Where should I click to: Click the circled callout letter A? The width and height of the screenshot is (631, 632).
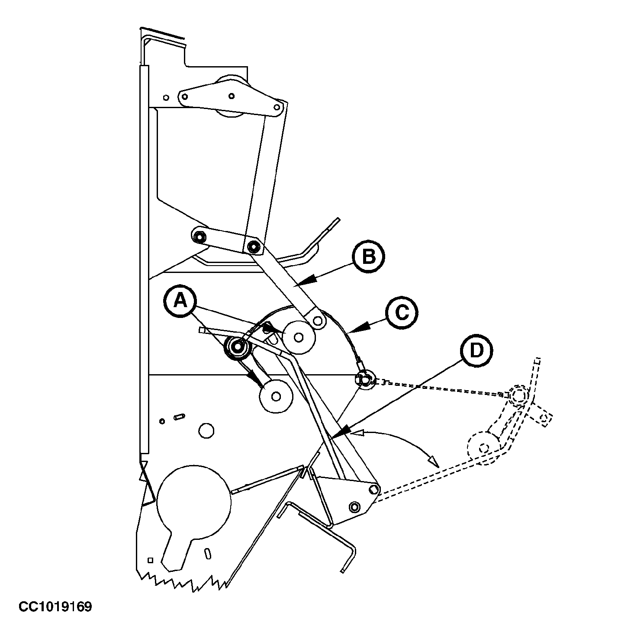coord(180,301)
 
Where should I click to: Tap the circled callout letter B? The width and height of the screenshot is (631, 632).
coord(368,257)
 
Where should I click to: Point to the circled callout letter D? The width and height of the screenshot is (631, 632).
coord(476,350)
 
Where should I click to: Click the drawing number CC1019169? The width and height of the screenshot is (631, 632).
coord(55,607)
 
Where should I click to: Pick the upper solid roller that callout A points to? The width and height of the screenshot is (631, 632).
coord(299,337)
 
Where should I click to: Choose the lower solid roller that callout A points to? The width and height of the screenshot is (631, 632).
coord(276,396)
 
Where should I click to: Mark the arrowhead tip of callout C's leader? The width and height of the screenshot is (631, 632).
coord(349,332)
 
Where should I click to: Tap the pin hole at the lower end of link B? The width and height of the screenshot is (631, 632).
coord(318,321)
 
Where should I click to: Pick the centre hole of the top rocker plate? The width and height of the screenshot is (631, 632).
coord(232,96)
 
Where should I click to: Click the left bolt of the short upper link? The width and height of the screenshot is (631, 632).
coord(199,236)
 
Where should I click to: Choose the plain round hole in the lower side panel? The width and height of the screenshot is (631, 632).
coord(206,430)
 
